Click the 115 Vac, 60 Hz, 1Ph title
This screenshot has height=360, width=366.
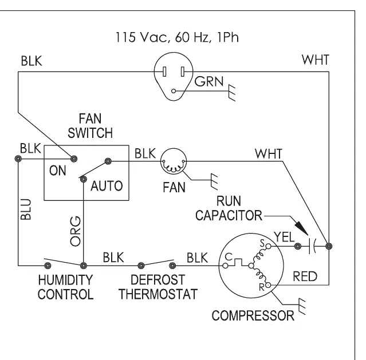177,37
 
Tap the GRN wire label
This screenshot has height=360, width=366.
209,81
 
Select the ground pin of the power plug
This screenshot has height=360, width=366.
174,91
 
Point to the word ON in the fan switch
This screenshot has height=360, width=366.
58,171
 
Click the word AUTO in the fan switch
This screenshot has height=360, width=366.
107,186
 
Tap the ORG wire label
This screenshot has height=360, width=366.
76,231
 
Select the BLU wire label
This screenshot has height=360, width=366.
26,209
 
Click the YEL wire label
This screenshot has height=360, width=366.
284,238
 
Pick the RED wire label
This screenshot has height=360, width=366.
305,276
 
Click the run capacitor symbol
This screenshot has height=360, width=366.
312,246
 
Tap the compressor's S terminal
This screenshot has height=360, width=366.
269,246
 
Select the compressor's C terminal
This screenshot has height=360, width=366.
225,266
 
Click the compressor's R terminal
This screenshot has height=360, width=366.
268,285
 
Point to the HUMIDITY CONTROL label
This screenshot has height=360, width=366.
66,287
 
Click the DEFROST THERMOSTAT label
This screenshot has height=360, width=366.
158,287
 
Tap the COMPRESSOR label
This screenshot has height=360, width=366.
253,316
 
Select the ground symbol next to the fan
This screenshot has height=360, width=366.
214,181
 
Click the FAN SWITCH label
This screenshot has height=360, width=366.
90,126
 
